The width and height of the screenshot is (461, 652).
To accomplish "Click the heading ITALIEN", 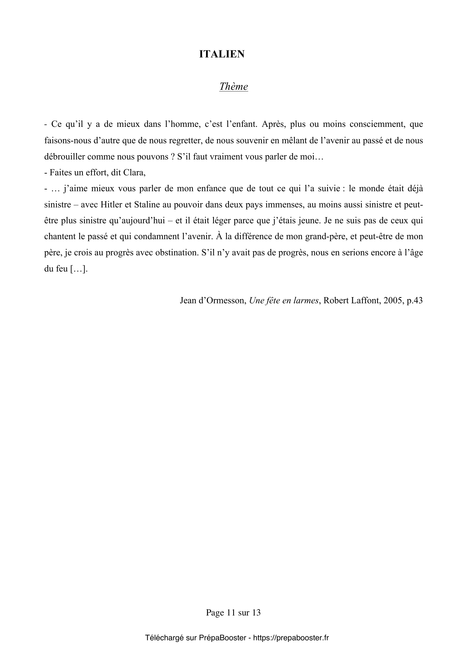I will [x=222, y=54].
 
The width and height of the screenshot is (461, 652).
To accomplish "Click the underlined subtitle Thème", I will [x=233, y=87].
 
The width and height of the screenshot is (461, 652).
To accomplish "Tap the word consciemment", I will [x=376, y=124].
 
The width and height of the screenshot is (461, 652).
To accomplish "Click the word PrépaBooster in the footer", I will [x=222, y=638].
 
